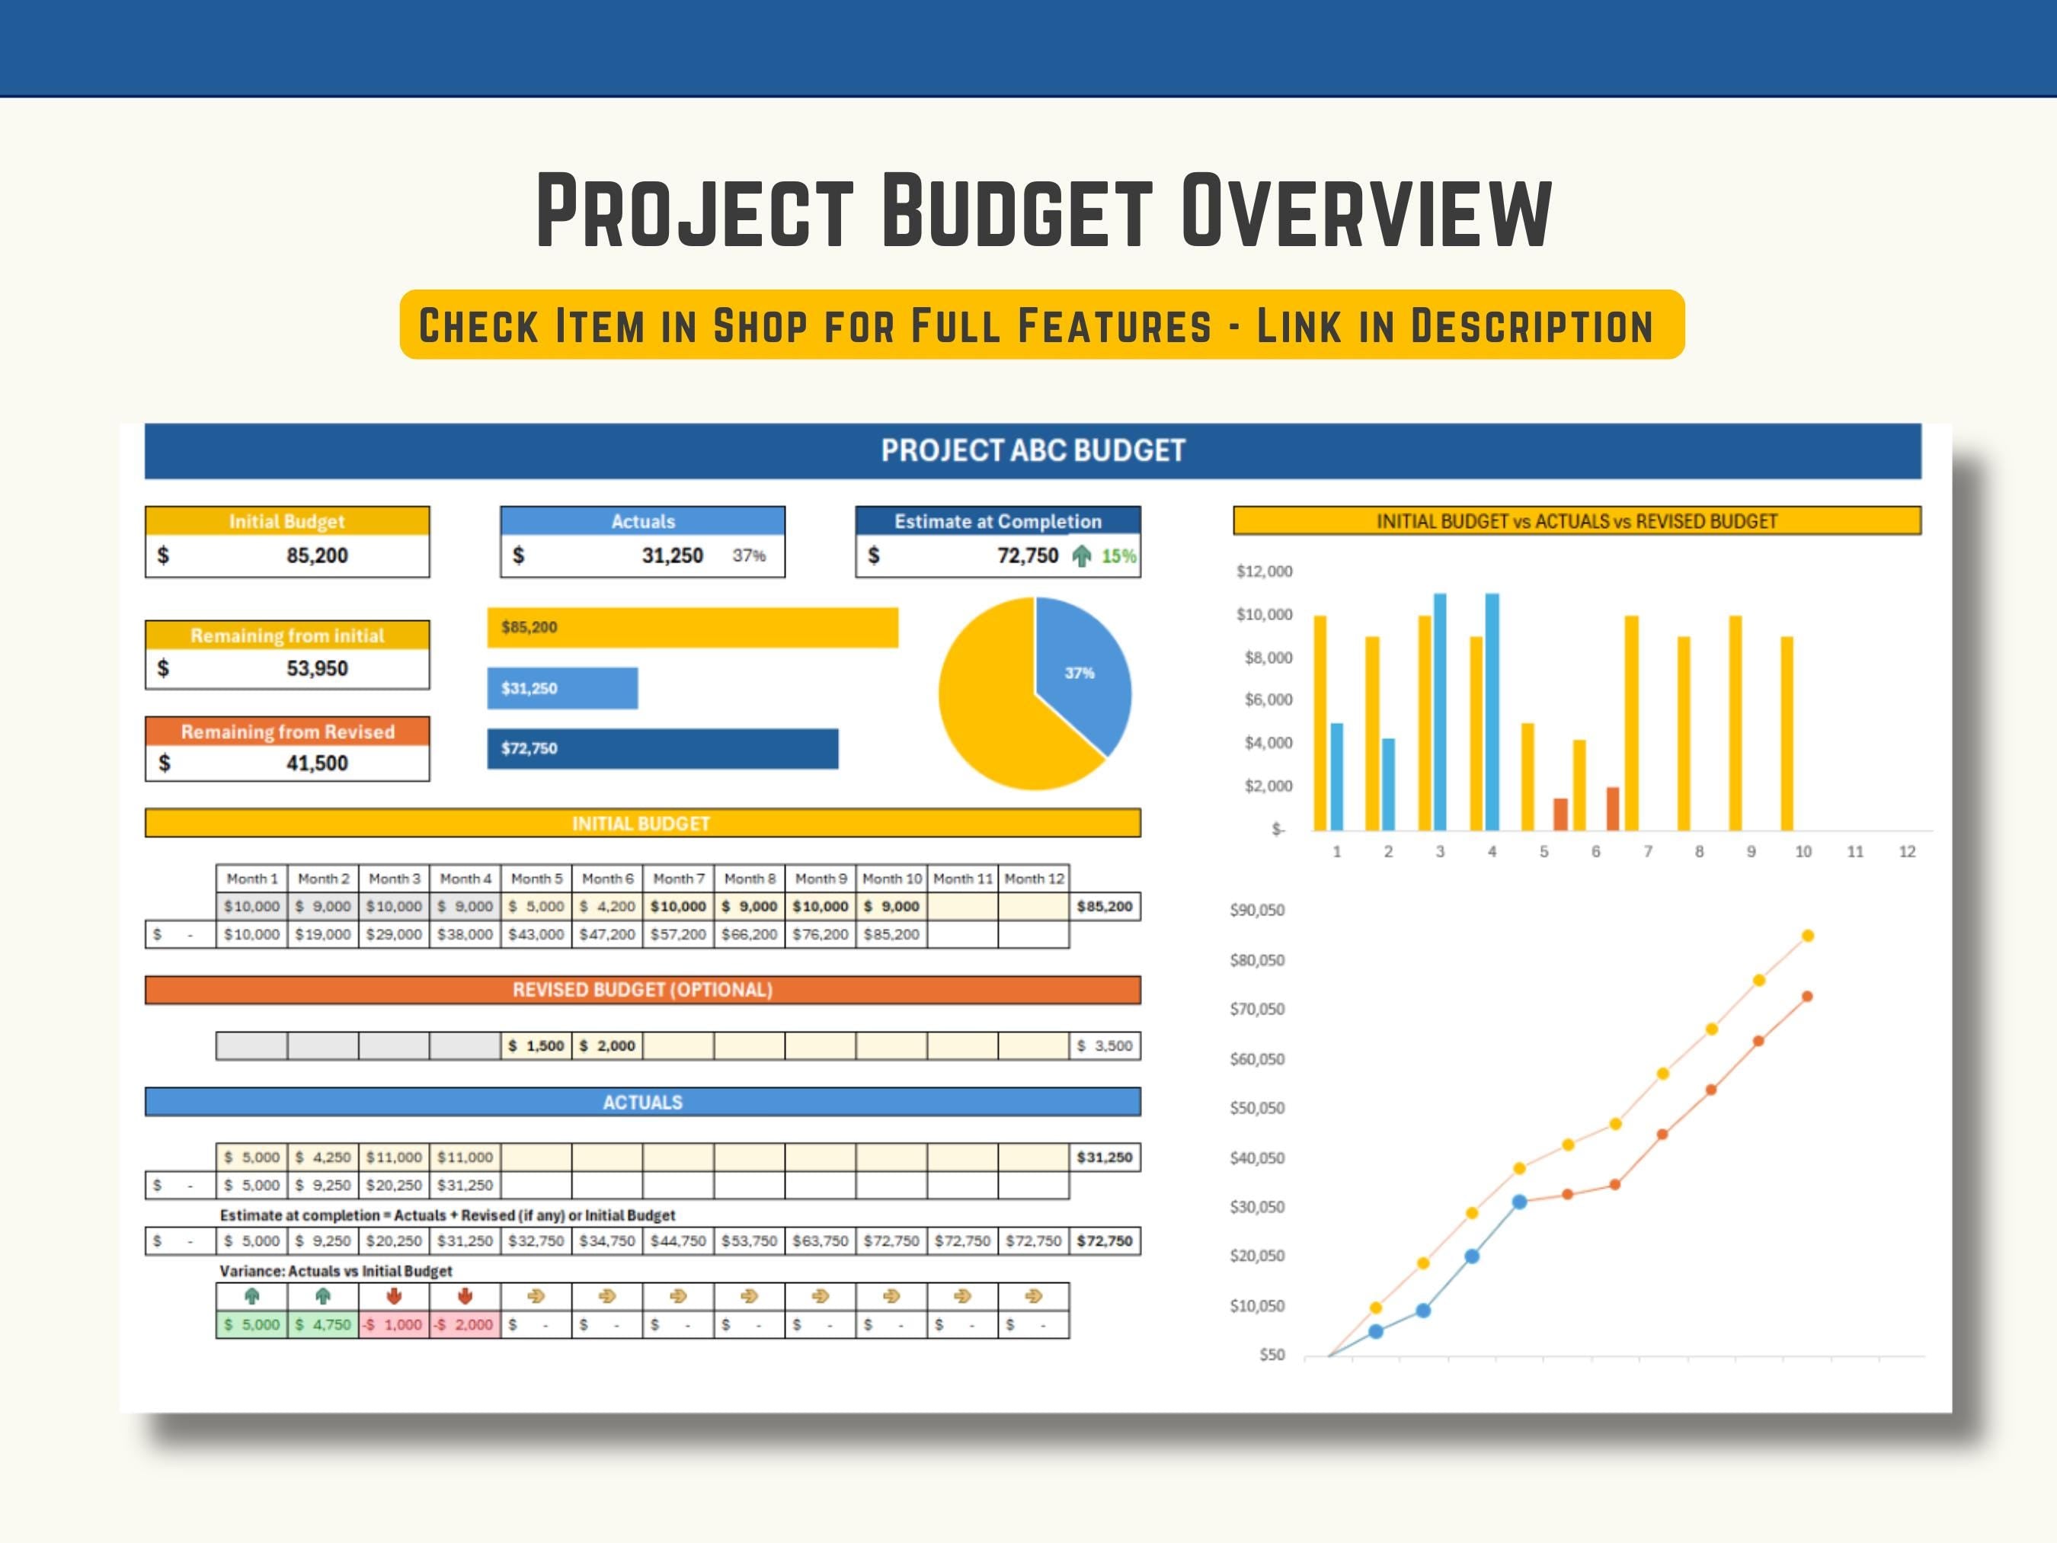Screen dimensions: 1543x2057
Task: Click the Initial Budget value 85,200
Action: tap(316, 555)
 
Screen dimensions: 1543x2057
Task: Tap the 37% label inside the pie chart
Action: tap(1079, 673)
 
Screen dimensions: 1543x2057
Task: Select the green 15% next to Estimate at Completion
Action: tap(1118, 556)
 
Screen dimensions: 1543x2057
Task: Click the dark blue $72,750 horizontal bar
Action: tap(662, 749)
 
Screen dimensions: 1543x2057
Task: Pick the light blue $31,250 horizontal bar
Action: tap(561, 688)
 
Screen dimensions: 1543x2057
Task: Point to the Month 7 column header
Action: tap(678, 878)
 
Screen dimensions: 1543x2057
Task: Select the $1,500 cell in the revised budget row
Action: tap(536, 1045)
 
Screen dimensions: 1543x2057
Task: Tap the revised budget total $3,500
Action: tap(1104, 1045)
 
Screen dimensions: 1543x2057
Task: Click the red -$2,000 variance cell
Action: tap(464, 1324)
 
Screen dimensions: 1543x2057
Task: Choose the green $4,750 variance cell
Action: tap(323, 1324)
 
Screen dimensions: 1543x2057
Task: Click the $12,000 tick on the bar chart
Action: tap(1264, 571)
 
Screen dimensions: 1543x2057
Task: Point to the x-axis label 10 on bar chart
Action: tap(1803, 851)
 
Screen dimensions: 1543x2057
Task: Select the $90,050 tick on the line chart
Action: tap(1256, 910)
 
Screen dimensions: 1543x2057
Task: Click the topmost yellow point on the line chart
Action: tap(1808, 936)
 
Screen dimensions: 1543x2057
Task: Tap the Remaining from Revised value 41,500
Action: tap(316, 763)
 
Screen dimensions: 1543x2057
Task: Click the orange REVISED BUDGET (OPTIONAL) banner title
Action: tap(642, 990)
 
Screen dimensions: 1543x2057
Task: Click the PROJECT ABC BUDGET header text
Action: tap(1032, 451)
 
